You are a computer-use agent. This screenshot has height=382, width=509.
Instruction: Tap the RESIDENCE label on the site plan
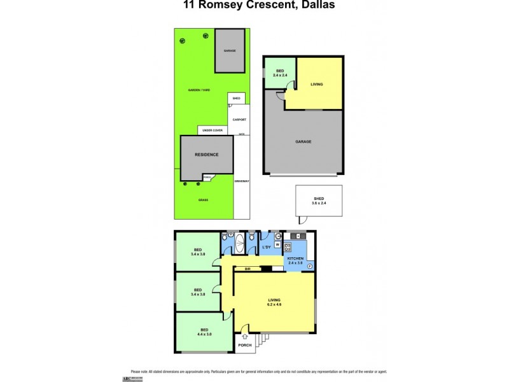207,155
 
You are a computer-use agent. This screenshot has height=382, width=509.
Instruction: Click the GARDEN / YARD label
198,90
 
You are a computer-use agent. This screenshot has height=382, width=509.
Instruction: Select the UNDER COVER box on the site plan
213,130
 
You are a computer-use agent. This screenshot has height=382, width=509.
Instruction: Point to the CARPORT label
239,119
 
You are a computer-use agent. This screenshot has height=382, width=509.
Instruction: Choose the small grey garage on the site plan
230,51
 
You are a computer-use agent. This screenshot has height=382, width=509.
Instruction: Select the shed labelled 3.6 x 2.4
319,201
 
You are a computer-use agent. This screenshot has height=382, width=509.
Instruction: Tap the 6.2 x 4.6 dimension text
274,304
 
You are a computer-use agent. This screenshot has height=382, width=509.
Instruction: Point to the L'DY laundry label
268,248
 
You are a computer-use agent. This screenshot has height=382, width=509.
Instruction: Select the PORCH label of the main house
244,346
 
